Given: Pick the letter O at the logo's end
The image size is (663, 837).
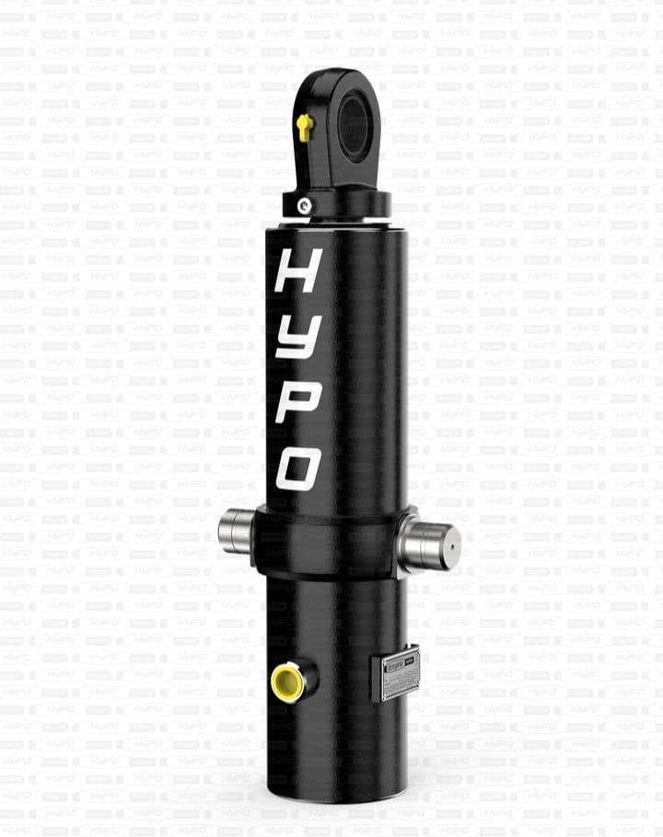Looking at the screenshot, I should point(299,467).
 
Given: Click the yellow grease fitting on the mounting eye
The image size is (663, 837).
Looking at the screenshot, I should point(305,125).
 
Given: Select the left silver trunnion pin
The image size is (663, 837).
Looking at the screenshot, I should point(236,533).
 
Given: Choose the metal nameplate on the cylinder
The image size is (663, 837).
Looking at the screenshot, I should point(395,674).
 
